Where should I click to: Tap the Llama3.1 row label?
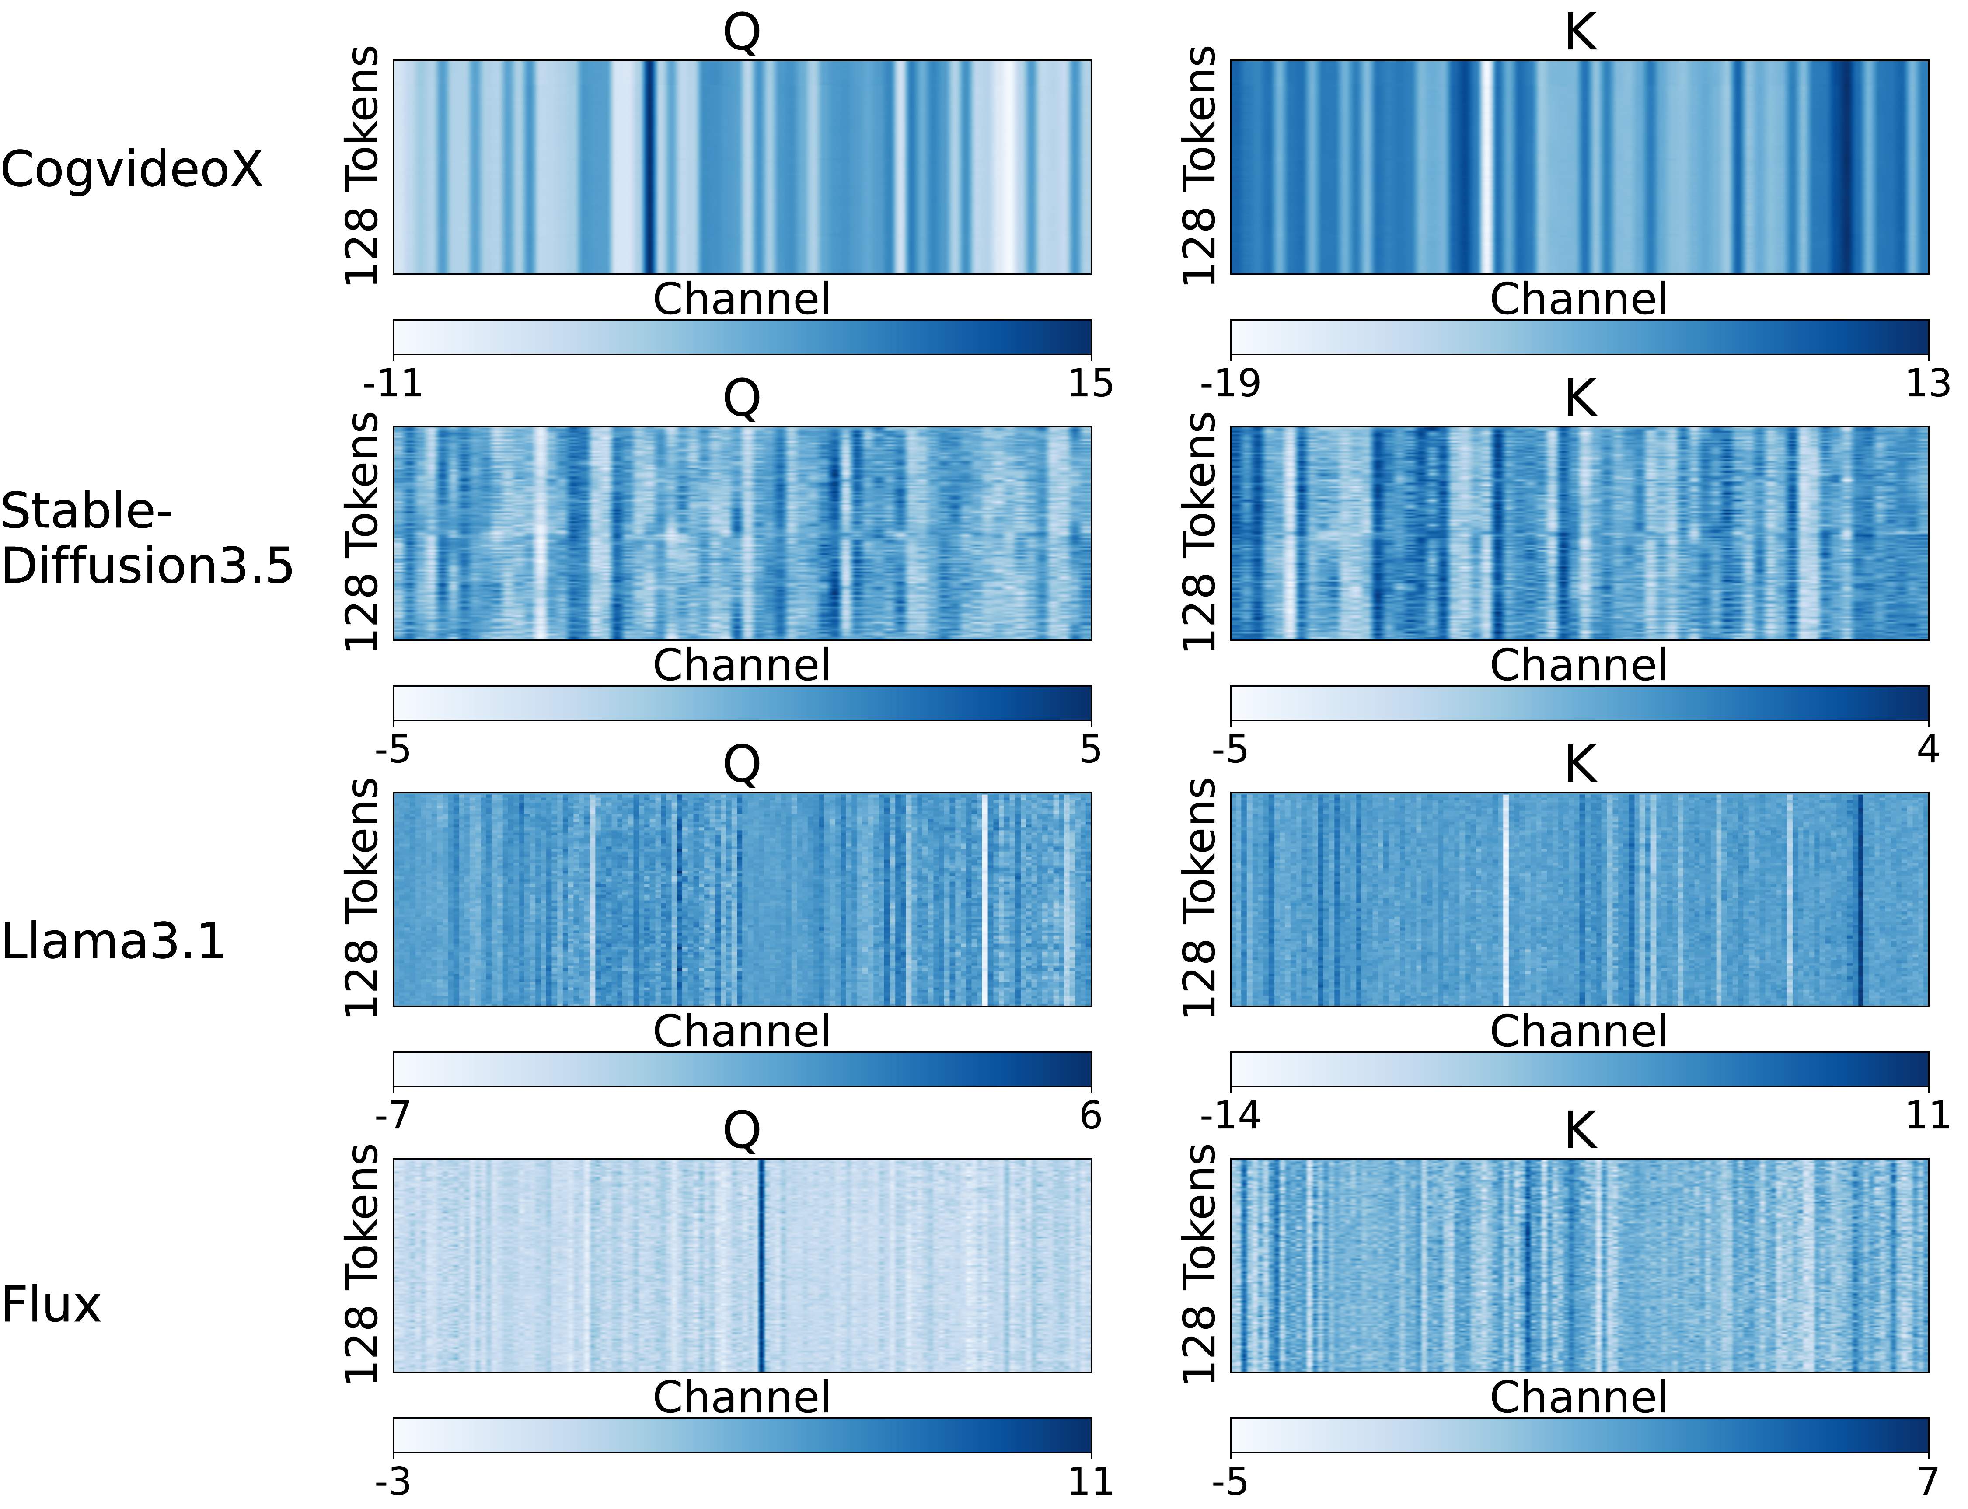point(112,941)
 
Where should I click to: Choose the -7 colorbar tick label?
point(393,1116)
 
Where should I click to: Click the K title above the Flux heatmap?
point(1580,1131)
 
